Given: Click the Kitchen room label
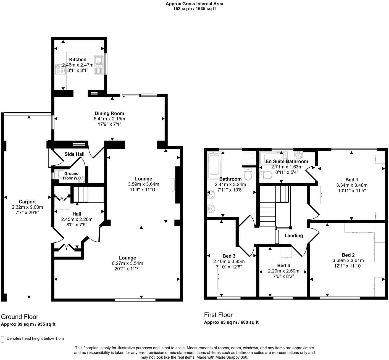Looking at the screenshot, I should [x=78, y=60].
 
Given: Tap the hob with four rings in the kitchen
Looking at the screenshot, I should [x=59, y=68].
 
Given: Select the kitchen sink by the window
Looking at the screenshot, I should [x=98, y=65].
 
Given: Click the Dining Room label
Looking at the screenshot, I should [x=109, y=113].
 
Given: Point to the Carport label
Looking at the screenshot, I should [x=27, y=202].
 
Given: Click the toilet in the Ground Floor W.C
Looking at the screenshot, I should [x=58, y=174].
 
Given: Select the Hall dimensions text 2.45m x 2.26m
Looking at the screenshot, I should [x=77, y=219].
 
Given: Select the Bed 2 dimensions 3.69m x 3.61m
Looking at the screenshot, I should [x=348, y=260].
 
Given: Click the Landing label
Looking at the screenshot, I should [x=294, y=235].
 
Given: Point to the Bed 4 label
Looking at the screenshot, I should [x=282, y=266].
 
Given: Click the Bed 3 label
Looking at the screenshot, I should [x=229, y=256].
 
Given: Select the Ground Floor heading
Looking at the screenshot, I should [x=20, y=317].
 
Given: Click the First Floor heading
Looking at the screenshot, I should [x=218, y=315].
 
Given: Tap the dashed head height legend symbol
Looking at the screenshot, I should [x=2, y=339].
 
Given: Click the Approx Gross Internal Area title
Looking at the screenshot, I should [x=194, y=4].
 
